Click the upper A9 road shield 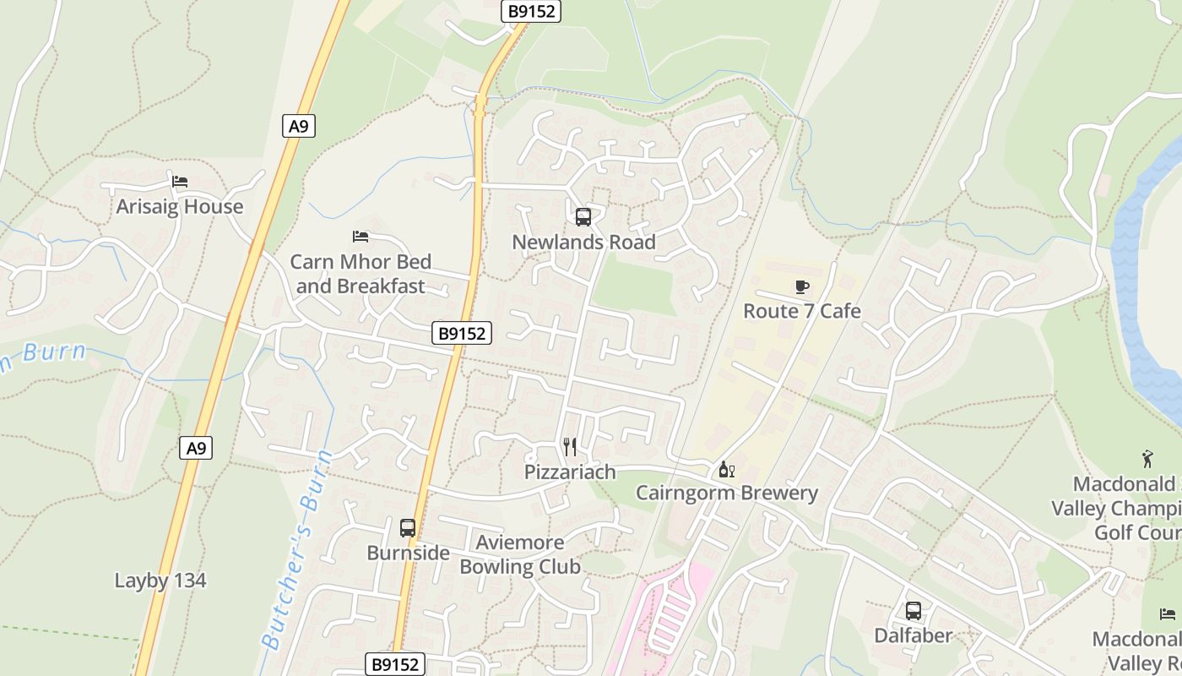tap(298, 127)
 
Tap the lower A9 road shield tap(196, 448)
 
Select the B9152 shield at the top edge tap(531, 11)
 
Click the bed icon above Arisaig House tap(179, 182)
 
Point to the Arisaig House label tap(179, 207)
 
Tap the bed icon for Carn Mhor tap(361, 237)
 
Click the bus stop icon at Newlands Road tap(583, 217)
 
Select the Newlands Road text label tap(583, 243)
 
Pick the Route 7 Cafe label tap(802, 311)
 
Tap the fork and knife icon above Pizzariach tap(570, 447)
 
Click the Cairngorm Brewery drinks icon tap(726, 469)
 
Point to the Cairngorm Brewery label tap(726, 493)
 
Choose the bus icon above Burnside tap(408, 528)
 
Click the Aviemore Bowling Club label tap(520, 554)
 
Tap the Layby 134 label tap(160, 581)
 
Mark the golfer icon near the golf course tap(1147, 460)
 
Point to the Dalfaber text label tap(914, 635)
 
